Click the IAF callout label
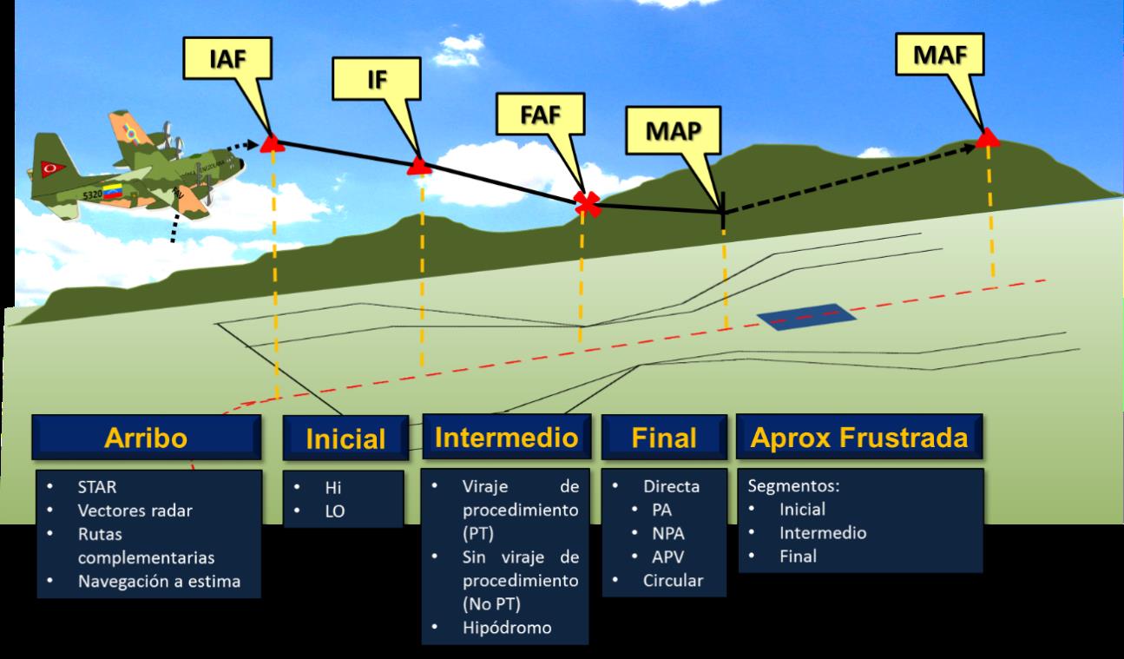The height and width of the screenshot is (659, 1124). (x=227, y=58)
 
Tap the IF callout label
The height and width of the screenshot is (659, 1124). (x=377, y=79)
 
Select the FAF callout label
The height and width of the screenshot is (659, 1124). (x=541, y=115)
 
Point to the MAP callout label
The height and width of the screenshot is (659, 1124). (x=673, y=130)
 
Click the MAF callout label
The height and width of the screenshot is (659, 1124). (x=940, y=54)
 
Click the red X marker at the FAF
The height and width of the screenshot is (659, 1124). (x=588, y=204)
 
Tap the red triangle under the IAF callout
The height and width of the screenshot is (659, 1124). (x=273, y=143)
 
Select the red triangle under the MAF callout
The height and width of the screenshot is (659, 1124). (x=988, y=137)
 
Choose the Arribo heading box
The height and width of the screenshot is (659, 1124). (x=147, y=437)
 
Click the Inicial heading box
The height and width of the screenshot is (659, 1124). (x=345, y=438)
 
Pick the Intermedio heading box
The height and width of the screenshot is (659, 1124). (x=506, y=437)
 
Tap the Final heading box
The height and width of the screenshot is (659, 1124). (x=664, y=437)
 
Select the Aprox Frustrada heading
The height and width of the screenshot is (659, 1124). (x=859, y=437)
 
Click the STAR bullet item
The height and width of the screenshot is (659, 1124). (x=97, y=487)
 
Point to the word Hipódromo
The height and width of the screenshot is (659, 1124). (x=507, y=628)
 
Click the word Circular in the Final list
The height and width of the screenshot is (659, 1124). (x=673, y=581)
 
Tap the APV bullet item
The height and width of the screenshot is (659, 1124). (x=667, y=557)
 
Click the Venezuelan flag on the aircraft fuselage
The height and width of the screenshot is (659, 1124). (x=113, y=192)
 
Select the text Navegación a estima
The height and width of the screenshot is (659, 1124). (x=159, y=581)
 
